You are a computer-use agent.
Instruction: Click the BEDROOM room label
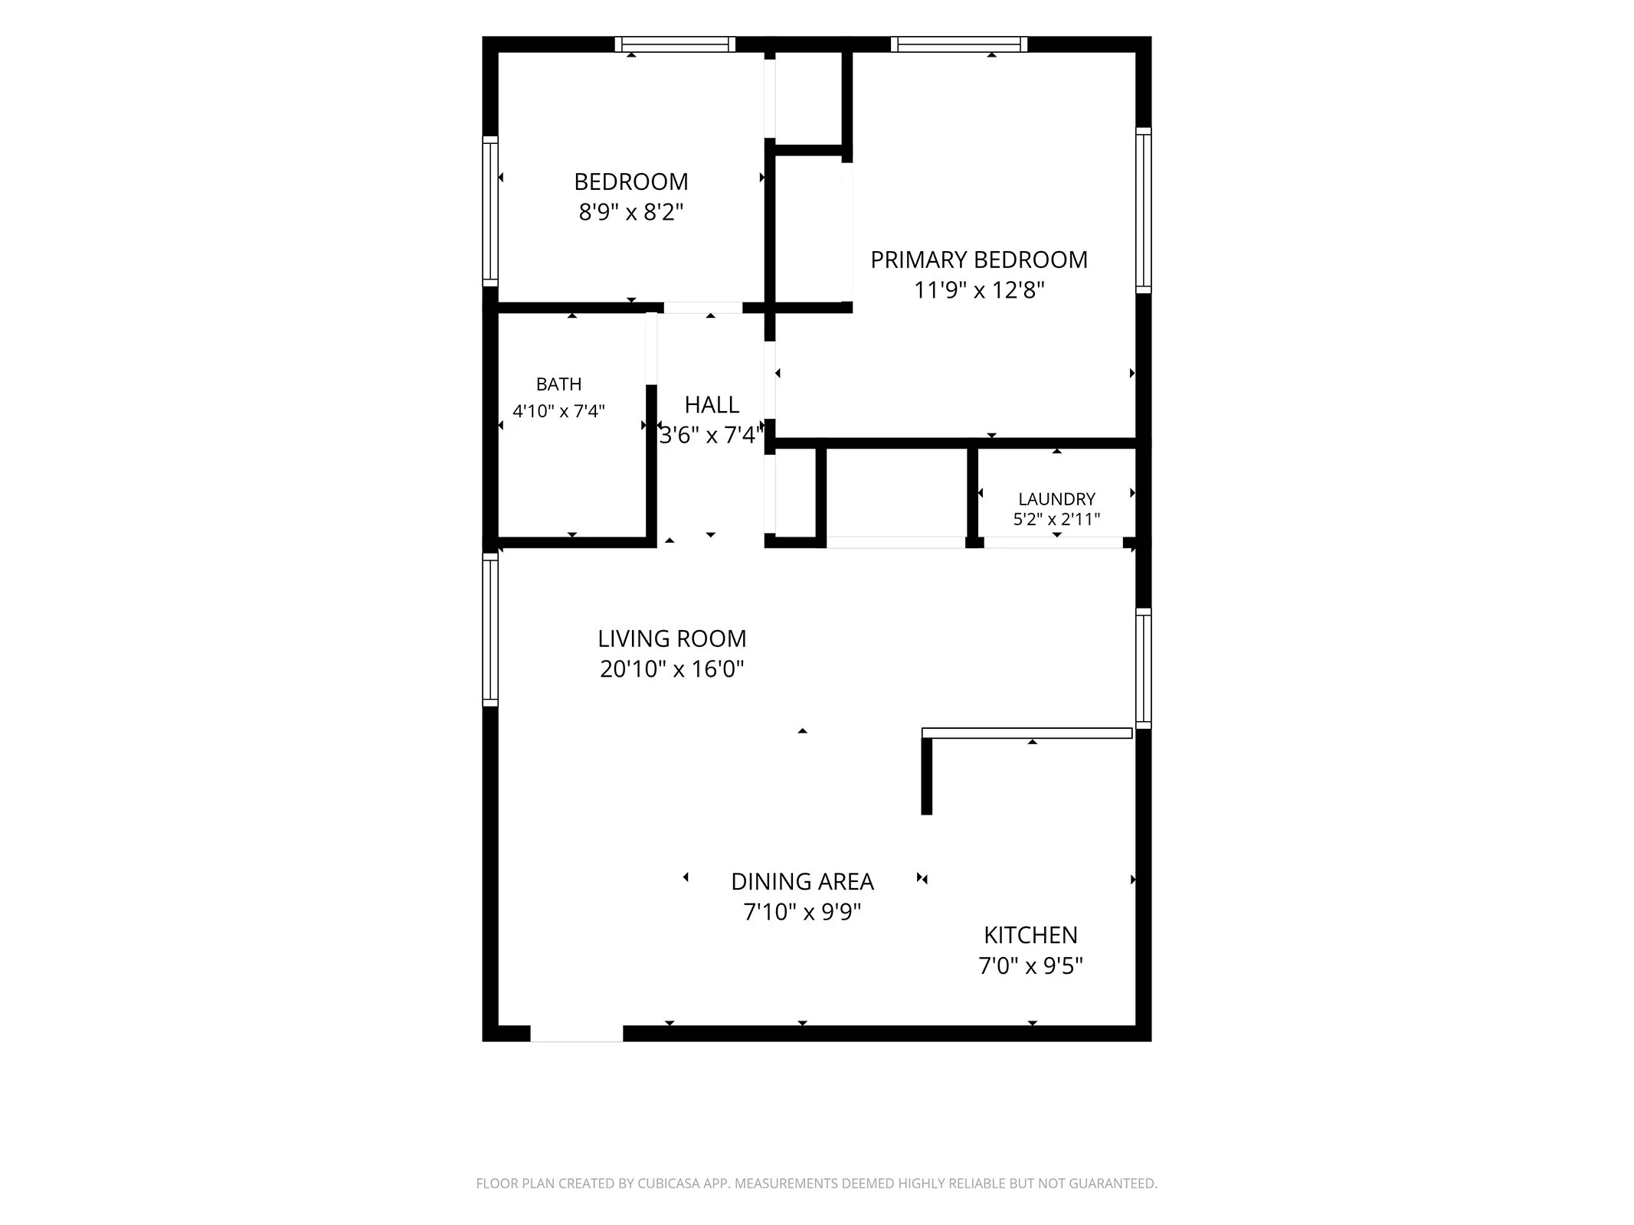[630, 181]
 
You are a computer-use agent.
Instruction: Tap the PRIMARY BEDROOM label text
[979, 260]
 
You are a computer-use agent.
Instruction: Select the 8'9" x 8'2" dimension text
[630, 212]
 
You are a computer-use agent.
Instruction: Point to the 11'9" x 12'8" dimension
[979, 291]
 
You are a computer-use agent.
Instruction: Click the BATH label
[558, 384]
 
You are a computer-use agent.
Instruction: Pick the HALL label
[712, 404]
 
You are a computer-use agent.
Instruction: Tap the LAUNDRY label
[1056, 499]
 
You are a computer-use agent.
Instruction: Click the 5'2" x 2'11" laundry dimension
[1056, 519]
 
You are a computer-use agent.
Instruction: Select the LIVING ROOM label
[672, 639]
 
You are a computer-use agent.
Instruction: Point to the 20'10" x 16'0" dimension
[672, 669]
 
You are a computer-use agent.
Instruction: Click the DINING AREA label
[802, 882]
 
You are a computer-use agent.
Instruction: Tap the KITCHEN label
[1030, 935]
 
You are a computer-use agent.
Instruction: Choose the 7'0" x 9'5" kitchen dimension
[1030, 966]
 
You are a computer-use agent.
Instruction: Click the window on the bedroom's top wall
[675, 44]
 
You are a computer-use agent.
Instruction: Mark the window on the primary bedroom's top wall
[959, 44]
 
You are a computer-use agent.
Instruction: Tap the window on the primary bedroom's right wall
[1143, 211]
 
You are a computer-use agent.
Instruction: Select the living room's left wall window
[490, 629]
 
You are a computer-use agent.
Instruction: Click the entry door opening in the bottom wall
[576, 1034]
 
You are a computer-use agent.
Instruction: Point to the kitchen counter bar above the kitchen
[1027, 733]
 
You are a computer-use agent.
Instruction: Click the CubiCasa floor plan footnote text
[817, 1183]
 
